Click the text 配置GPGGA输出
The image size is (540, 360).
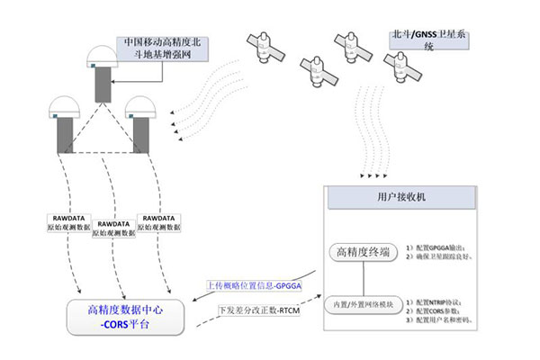(x=439, y=247)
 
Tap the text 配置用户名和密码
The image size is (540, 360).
(x=443, y=320)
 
